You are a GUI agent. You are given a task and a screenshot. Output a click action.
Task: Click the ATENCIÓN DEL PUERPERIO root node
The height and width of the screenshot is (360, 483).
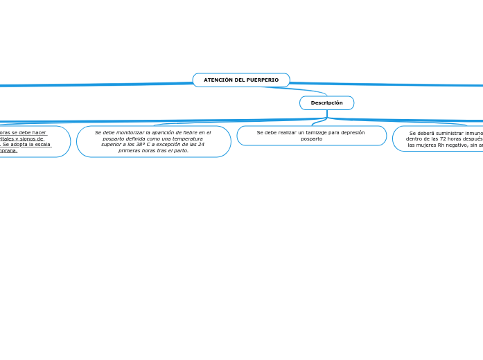point(241,80)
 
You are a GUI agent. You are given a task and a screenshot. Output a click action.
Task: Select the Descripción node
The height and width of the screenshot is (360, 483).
point(326,103)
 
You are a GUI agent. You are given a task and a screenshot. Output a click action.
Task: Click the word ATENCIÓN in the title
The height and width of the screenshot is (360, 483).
point(218,80)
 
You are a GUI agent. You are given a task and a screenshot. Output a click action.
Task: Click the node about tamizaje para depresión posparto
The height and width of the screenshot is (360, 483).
point(311,136)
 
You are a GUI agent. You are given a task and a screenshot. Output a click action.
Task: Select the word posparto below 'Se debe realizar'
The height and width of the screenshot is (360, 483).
point(311,139)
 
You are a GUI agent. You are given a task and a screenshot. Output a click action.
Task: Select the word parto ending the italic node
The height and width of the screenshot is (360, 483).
point(180,150)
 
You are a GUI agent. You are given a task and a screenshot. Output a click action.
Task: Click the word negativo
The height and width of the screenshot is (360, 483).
point(459,145)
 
